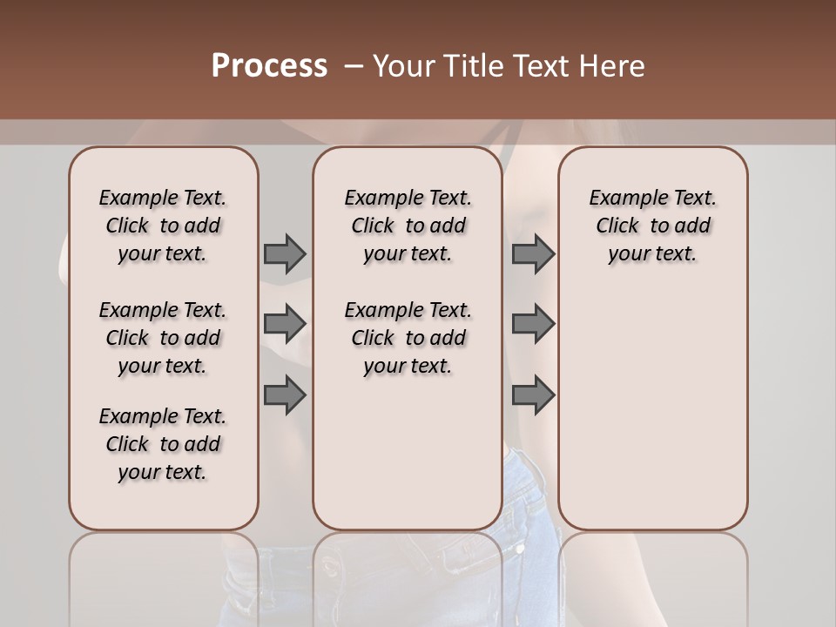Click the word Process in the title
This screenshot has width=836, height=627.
[269, 66]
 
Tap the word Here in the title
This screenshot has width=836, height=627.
[613, 66]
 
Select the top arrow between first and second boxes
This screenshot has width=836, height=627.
[285, 253]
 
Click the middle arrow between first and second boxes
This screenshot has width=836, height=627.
[285, 324]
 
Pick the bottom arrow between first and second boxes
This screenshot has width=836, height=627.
[285, 395]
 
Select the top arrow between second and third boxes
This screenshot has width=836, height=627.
[533, 253]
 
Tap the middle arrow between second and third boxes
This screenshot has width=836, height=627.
[533, 324]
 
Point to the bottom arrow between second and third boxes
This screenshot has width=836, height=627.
[533, 395]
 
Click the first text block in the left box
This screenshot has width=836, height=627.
[163, 226]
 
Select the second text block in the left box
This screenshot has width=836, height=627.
[163, 338]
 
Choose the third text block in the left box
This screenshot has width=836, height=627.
[163, 444]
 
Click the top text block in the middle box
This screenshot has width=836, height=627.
[408, 226]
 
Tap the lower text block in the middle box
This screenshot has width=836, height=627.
[408, 338]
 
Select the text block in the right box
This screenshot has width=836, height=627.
[653, 226]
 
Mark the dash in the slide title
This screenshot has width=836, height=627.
[354, 66]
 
